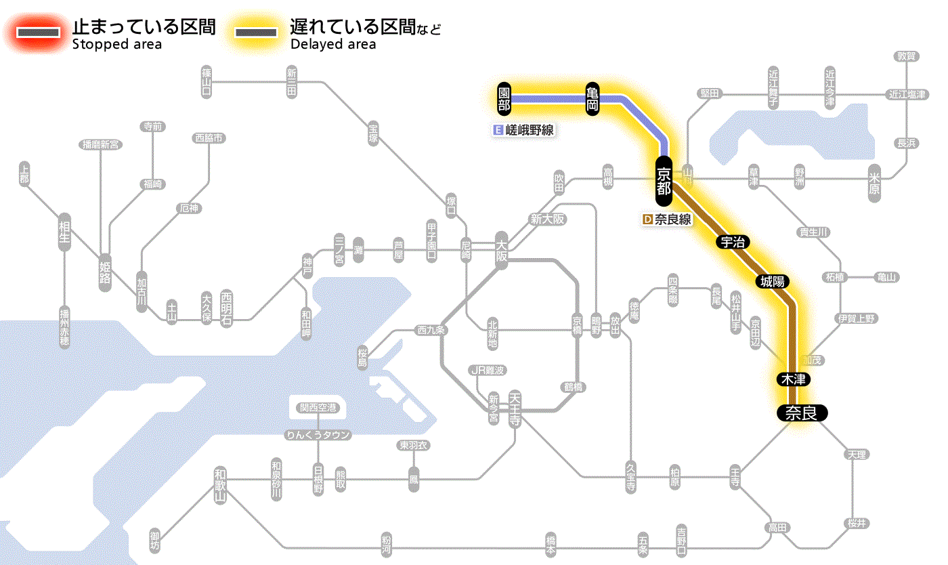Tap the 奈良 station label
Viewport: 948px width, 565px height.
[x=801, y=413]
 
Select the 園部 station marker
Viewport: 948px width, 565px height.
[x=504, y=99]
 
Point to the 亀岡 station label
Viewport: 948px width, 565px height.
[x=592, y=99]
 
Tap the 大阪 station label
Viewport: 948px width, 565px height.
[x=501, y=251]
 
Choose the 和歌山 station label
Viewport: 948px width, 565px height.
[x=219, y=484]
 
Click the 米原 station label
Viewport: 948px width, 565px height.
[x=874, y=183]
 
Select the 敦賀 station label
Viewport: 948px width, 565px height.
[x=907, y=56]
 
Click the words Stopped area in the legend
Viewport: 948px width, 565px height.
[x=117, y=45]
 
